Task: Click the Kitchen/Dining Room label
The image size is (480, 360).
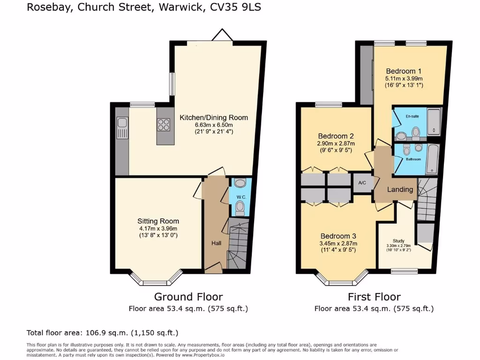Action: (x=214, y=117)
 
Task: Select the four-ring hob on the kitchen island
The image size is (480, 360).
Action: (x=164, y=125)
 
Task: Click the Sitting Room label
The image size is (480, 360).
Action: (x=158, y=221)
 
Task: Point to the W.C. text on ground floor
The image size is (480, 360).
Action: (x=240, y=196)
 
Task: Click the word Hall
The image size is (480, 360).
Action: (x=216, y=243)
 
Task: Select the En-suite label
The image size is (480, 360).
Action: (x=412, y=116)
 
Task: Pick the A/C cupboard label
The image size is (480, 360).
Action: (x=362, y=182)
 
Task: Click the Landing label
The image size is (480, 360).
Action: (x=400, y=189)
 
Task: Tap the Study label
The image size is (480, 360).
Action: (x=398, y=239)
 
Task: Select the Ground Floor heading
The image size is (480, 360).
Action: (x=188, y=297)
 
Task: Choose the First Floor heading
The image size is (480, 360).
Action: (x=374, y=297)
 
